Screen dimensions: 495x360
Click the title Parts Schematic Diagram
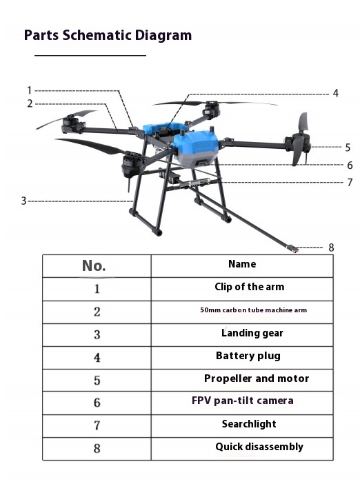click(x=108, y=35)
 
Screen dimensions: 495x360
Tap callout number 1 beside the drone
click(x=30, y=90)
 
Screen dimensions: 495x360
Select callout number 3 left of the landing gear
click(x=23, y=201)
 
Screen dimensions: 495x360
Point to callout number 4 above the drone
click(x=335, y=93)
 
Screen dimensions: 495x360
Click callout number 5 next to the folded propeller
click(x=348, y=147)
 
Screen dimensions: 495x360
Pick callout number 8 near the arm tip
click(x=331, y=247)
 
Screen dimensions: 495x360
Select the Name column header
click(x=241, y=264)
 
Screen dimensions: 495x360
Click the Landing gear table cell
click(x=252, y=333)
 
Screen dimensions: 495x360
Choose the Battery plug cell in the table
click(x=248, y=356)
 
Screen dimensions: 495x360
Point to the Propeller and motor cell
click(x=256, y=378)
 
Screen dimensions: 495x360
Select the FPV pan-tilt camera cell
click(x=242, y=401)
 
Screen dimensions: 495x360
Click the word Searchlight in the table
click(x=248, y=424)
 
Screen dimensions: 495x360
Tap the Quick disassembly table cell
click(x=259, y=447)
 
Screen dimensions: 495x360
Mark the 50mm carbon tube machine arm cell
click(x=253, y=310)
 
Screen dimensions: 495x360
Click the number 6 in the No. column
click(x=97, y=403)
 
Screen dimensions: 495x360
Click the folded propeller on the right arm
click(x=301, y=141)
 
